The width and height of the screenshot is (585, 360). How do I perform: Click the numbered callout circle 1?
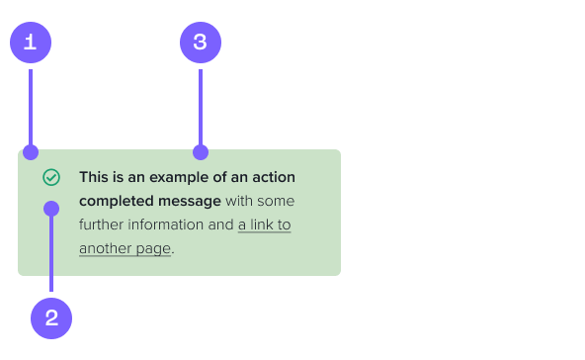[30, 42]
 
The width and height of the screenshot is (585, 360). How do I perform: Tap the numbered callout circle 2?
[51, 318]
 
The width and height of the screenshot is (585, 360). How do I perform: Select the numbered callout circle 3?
[200, 42]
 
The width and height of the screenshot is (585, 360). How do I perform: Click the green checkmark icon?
[51, 177]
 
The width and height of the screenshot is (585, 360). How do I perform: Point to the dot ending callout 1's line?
[31, 152]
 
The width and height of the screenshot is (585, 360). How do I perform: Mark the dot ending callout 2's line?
[51, 209]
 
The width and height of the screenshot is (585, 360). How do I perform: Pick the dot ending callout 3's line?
[201, 152]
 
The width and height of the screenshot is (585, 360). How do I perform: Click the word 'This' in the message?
[95, 178]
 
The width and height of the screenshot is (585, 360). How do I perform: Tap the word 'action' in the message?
[273, 178]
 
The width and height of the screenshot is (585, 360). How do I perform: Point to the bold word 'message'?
[191, 202]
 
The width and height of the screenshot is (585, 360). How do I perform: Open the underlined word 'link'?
[260, 225]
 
